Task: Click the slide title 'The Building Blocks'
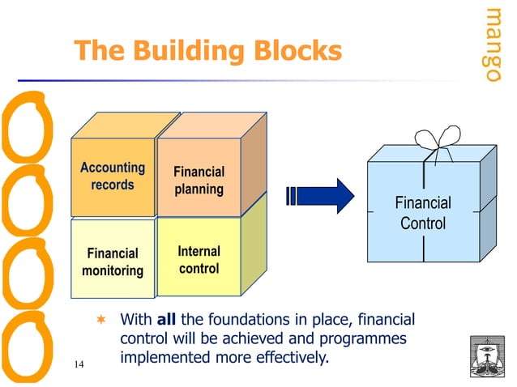pyautogui.click(x=207, y=52)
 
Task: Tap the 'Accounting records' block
pyautogui.click(x=112, y=177)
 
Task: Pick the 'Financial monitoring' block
pyautogui.click(x=112, y=262)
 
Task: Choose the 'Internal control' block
pyautogui.click(x=199, y=258)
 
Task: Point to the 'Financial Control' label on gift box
pyautogui.click(x=422, y=213)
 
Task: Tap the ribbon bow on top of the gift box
pyautogui.click(x=438, y=145)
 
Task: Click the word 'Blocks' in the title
pyautogui.click(x=293, y=52)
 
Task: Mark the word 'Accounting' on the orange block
pyautogui.click(x=112, y=168)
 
